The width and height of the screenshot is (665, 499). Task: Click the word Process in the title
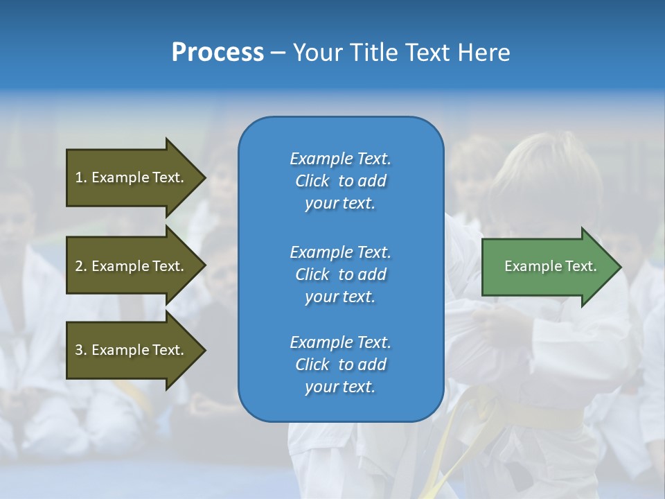pyautogui.click(x=218, y=53)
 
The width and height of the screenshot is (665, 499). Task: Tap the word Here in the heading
pyautogui.click(x=484, y=53)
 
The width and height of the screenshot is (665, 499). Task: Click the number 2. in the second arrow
pyautogui.click(x=81, y=266)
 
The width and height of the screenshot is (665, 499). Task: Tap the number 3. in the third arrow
pyautogui.click(x=81, y=350)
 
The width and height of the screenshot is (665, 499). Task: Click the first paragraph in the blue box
pyautogui.click(x=340, y=181)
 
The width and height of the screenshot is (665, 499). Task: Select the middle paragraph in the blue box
pyautogui.click(x=340, y=274)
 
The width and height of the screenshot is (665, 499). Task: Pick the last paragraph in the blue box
pyautogui.click(x=340, y=365)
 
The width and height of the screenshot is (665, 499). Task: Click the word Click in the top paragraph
pyautogui.click(x=312, y=181)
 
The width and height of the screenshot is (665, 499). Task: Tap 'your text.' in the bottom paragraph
pyautogui.click(x=340, y=387)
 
